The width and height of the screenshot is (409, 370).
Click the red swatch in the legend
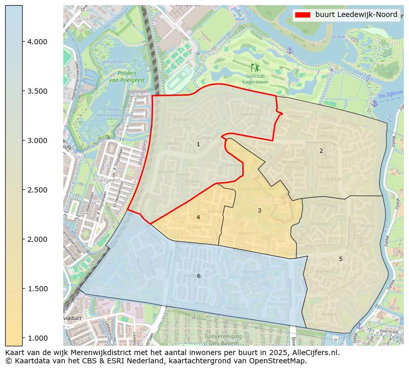303,15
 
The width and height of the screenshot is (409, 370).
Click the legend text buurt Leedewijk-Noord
356,15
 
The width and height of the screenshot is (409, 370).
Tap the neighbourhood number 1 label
198,145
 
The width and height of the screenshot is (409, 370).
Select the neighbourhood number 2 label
321,151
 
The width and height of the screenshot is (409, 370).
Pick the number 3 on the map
259,210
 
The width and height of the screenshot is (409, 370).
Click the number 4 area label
198,217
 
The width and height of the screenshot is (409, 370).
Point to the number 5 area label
341,259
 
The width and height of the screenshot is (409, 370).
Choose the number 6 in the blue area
199,276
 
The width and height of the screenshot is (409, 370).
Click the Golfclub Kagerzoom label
256,79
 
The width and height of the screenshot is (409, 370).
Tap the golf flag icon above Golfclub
255,67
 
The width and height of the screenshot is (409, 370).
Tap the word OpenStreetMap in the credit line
281,361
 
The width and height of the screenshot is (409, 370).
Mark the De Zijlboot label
389,96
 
